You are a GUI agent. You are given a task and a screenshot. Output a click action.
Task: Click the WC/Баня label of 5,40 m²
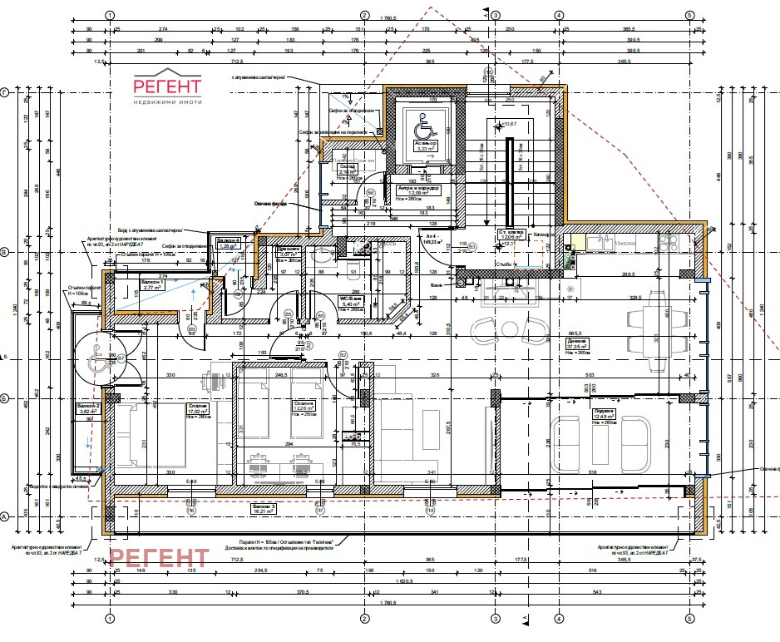tap(348, 304)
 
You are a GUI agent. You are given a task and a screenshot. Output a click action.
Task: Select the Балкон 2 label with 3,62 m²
tap(89, 409)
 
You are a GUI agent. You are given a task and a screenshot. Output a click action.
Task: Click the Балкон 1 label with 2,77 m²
tap(131, 286)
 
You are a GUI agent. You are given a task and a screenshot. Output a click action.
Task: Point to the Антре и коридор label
tap(420, 192)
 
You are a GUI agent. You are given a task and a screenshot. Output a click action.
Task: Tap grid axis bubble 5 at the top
tap(689, 15)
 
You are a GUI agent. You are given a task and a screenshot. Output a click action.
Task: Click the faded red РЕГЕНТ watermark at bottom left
tap(160, 558)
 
